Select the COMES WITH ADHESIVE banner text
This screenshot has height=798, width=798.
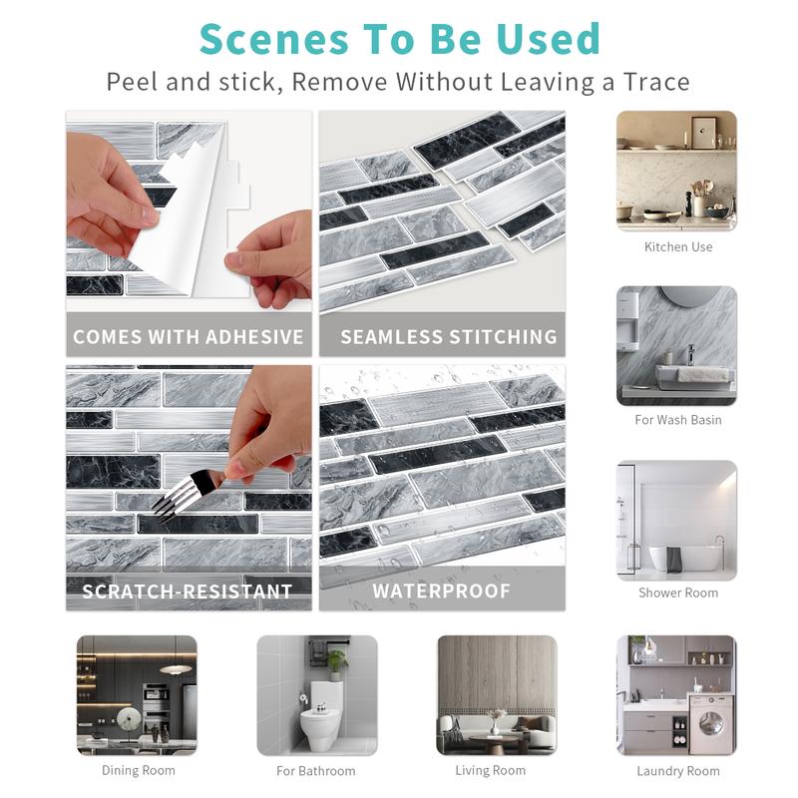[189, 337]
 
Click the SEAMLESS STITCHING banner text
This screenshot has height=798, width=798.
[449, 337]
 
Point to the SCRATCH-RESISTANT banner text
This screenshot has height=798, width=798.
[188, 592]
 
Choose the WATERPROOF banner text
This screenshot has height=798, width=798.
[441, 592]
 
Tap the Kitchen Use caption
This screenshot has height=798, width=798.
[678, 246]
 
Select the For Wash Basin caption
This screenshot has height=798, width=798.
[678, 420]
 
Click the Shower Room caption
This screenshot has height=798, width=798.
[678, 593]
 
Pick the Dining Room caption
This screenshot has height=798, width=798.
[138, 770]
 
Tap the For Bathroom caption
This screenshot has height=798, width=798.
[316, 771]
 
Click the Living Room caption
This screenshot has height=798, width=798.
[490, 770]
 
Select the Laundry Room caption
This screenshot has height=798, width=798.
[678, 771]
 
